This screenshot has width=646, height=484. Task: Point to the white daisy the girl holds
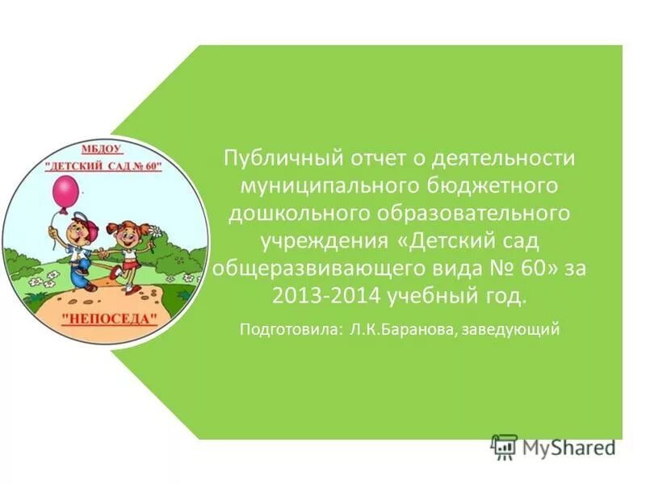[x=157, y=234]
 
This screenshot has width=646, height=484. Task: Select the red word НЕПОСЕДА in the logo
[x=110, y=317]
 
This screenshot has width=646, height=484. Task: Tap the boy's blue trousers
[x=80, y=271]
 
